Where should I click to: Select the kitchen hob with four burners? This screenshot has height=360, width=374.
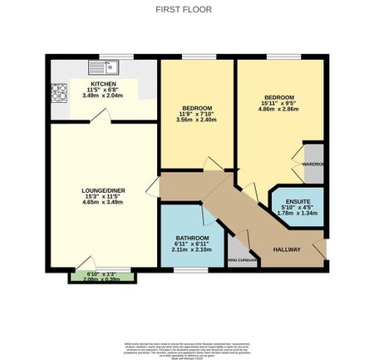click(x=59, y=91)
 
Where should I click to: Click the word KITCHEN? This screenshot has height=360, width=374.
click(x=104, y=84)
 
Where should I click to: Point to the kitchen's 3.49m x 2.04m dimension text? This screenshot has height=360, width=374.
click(x=104, y=96)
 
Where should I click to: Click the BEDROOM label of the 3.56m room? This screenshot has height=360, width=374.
click(x=197, y=109)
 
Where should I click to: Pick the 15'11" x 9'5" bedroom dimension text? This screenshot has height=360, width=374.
click(x=280, y=102)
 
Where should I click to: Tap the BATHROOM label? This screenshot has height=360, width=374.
click(x=192, y=238)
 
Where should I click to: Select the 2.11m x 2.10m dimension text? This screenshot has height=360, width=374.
click(x=192, y=249)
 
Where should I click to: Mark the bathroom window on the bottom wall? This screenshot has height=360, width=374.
click(x=190, y=270)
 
